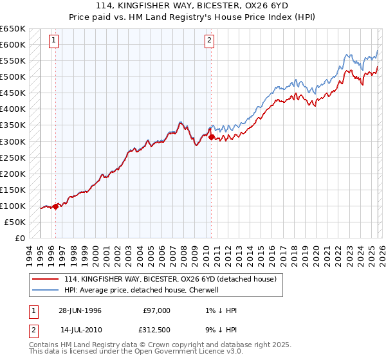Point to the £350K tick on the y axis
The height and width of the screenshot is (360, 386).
coord(12,125)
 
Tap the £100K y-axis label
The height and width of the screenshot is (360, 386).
coord(12,206)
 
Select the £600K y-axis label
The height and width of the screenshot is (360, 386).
coord(12,44)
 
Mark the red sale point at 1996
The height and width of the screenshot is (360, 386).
coord(56,206)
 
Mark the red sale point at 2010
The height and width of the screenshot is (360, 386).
coord(211,136)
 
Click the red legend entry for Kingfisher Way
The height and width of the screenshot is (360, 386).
coord(170,279)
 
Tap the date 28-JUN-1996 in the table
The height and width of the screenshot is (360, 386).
coord(80,310)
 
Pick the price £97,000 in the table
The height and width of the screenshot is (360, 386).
coord(157,310)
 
